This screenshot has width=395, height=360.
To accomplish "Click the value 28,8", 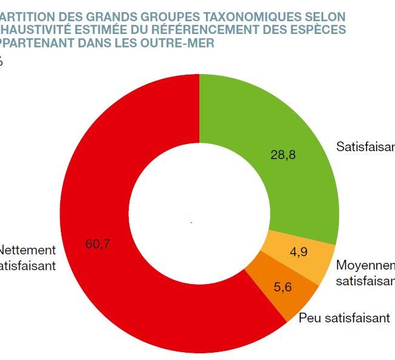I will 283,155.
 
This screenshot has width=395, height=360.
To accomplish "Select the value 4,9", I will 298,252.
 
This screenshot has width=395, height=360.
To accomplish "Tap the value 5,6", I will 282,287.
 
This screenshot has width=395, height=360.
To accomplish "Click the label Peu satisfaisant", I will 344,318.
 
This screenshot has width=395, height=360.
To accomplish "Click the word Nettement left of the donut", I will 27,250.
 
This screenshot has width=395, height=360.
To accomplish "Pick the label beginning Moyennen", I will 365,266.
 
